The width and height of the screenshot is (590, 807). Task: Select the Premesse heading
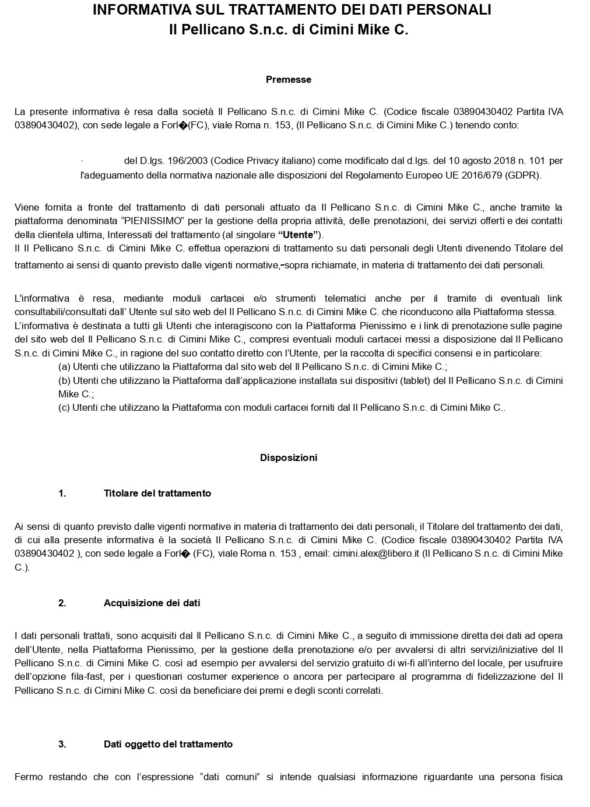tap(289, 80)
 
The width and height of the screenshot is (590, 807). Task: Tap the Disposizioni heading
tap(289, 458)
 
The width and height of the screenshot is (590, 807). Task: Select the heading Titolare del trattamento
tap(157, 494)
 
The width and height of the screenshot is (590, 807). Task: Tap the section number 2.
tap(62, 603)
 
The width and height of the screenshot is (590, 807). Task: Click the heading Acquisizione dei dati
tap(152, 603)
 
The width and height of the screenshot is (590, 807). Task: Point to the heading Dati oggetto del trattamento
tap(168, 745)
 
